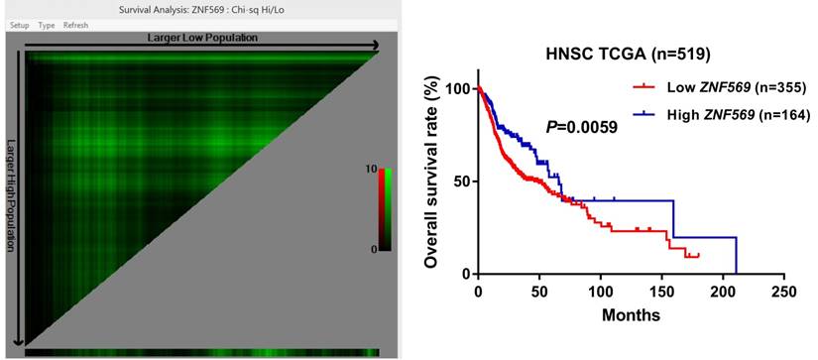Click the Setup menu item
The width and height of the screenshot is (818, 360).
click(x=19, y=25)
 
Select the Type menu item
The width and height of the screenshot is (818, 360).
click(x=46, y=25)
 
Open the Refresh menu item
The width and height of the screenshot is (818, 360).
click(x=75, y=25)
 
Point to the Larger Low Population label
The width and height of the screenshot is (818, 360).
click(x=202, y=38)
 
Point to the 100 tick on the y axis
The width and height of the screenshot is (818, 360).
click(x=457, y=89)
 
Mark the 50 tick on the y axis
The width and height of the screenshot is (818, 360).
click(x=461, y=181)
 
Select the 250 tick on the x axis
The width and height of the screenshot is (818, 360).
click(x=783, y=293)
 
